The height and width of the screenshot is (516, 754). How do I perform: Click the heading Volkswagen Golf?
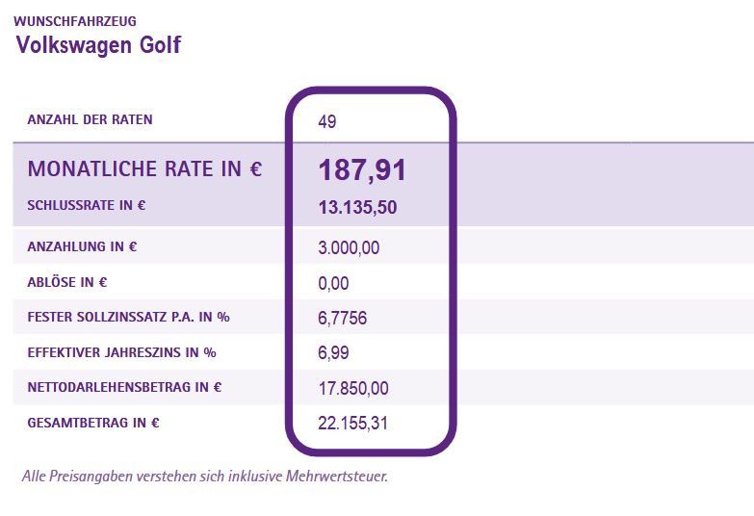pos(98,45)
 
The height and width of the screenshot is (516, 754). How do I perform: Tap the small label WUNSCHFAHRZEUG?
pos(75,20)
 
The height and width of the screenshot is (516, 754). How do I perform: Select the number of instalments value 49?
pos(327,121)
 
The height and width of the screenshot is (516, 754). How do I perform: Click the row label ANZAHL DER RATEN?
pos(90,120)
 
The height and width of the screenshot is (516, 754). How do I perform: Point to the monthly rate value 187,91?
pos(362,171)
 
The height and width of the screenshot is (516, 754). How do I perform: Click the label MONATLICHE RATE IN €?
pos(144,169)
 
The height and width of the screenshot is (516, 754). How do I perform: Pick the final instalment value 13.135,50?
pos(357,207)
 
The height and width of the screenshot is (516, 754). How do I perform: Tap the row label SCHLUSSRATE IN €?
pos(87,205)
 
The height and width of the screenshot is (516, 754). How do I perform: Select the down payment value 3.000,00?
pos(349,247)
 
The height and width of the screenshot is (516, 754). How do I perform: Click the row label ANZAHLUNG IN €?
pos(82,246)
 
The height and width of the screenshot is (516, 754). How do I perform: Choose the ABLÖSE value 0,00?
pos(333,283)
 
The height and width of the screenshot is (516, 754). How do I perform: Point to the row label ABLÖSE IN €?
pos(66,282)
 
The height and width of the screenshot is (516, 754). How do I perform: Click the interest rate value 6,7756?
pos(342,318)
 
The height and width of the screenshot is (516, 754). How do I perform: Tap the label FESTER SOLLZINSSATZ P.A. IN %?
pos(129,317)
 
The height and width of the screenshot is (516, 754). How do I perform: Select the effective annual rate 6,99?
pos(333,352)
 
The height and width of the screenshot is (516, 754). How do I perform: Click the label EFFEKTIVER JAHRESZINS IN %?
pos(121,352)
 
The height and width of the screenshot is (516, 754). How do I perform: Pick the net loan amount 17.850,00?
pos(352,388)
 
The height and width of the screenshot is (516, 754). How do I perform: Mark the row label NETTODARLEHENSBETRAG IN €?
pos(125,387)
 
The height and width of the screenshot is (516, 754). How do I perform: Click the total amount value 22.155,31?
pos(352,423)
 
